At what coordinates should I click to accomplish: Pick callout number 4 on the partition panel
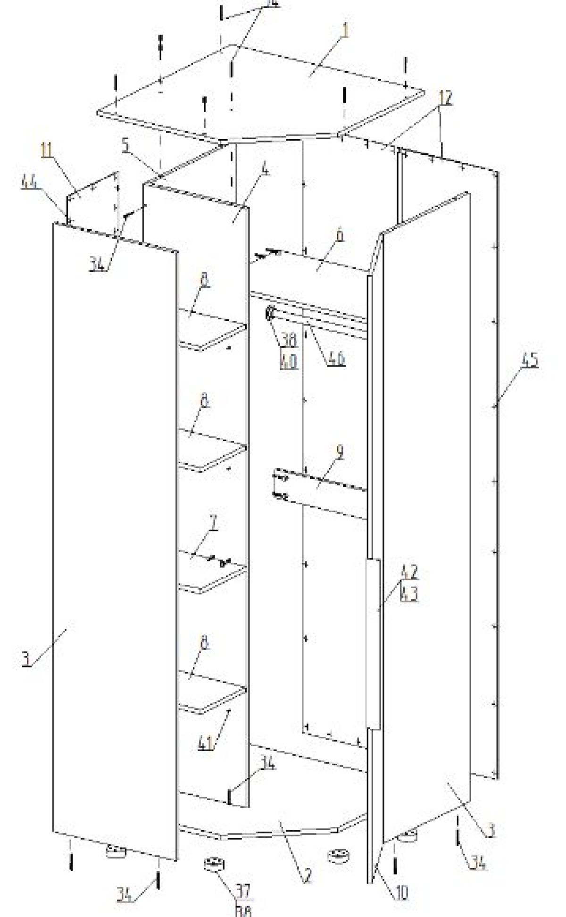[266, 170]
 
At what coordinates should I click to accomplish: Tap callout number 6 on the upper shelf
[340, 236]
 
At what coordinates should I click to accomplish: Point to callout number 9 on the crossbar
[340, 451]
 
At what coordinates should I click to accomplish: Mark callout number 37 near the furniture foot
[243, 891]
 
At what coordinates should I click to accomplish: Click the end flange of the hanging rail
[271, 314]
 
